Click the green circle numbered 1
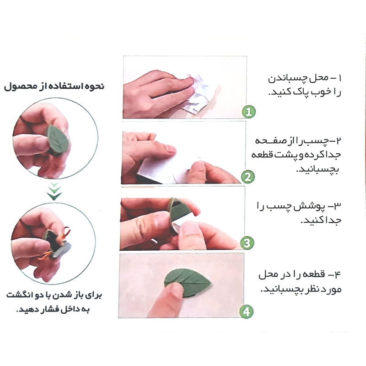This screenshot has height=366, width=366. click(249, 112)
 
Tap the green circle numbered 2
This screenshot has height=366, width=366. click(248, 177)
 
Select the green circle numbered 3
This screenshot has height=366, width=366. click(247, 243)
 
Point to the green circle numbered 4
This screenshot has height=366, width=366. click(247, 312)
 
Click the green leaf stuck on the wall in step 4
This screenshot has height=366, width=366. click(188, 283)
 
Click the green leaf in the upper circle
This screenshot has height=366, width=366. click(58, 140)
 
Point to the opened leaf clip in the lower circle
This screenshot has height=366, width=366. click(57, 244)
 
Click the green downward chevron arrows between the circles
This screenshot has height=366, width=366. click(54, 191)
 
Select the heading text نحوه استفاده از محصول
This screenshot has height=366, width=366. click(54, 86)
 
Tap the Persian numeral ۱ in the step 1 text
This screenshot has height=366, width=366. click(339, 78)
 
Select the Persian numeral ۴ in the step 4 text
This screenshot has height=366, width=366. click(338, 274)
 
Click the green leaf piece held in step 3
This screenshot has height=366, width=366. click(179, 210)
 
